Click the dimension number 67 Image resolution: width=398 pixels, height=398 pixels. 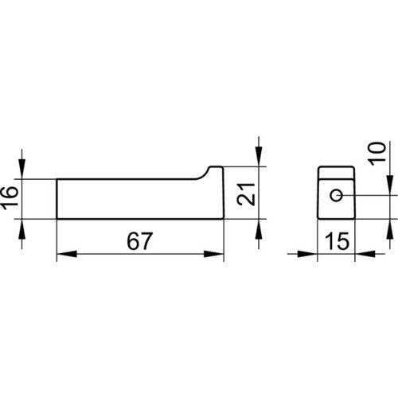[140, 241]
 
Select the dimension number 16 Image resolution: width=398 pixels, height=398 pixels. [10, 197]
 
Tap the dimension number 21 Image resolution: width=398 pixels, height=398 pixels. [246, 194]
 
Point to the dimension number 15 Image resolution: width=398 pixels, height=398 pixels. [337, 241]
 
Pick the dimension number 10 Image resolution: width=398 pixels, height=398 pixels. [377, 154]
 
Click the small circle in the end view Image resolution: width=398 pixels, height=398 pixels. [337, 196]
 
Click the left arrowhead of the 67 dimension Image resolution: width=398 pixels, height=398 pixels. [67, 254]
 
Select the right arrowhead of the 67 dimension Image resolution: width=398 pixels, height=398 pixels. [214, 254]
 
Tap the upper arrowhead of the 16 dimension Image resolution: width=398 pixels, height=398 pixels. [22, 169]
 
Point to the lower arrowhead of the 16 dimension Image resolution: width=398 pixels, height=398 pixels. [22, 229]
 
